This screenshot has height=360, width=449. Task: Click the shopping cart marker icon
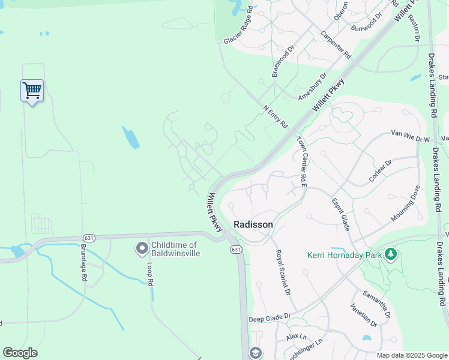[32, 91]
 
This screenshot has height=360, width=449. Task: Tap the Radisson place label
[253, 224]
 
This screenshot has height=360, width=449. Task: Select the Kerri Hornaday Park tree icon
[391, 254]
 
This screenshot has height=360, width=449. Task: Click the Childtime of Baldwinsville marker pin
[142, 248]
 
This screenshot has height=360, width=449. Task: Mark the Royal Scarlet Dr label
[283, 272]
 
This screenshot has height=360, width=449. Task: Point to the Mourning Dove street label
[406, 204]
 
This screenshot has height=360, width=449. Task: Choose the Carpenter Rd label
[336, 45]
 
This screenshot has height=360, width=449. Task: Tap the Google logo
[20, 353]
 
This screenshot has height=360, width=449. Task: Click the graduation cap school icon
[255, 353]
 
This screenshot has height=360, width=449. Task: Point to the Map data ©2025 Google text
[412, 355]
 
